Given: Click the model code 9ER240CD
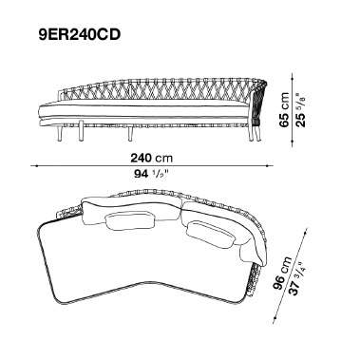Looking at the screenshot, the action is [x=80, y=34].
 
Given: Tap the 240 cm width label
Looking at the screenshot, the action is [x=152, y=158].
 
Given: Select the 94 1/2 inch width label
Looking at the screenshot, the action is [x=152, y=174].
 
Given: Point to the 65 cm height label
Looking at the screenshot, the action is [x=284, y=109].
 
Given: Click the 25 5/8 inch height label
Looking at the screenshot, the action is [x=300, y=109].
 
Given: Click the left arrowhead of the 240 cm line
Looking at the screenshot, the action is [x=32, y=165].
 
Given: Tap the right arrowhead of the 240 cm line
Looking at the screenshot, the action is [x=272, y=165].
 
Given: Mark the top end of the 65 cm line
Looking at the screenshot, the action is [x=292, y=74].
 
